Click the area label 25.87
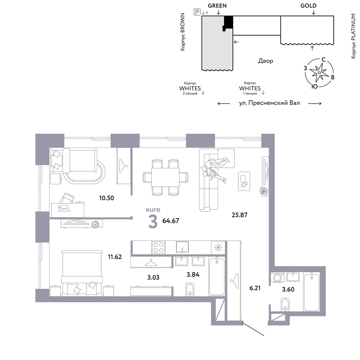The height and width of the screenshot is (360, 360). pos(239,215)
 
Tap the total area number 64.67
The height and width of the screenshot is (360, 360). pos(171,221)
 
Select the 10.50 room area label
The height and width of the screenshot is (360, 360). pos(107,198)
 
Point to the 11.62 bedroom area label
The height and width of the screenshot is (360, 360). pos(115,257)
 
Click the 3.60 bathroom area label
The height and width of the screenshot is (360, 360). pos(288,289)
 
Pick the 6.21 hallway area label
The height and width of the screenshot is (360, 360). pos(255,288)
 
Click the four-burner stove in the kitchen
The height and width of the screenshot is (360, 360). pos(158,248)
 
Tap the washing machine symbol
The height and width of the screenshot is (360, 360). pos(278,277)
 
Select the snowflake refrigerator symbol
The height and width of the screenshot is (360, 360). pos(217,248)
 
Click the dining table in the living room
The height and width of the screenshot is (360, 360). pos(165,177)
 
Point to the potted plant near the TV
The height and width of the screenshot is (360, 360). pos(264,191)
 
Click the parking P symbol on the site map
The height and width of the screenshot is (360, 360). pos(197,12)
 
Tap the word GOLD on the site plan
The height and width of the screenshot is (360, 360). pos(309,6)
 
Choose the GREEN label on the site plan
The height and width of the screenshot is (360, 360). pos(217,6)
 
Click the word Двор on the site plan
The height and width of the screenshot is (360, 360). pos(266,61)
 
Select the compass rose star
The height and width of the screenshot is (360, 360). pos(319,73)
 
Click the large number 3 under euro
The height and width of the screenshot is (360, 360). pos(153,222)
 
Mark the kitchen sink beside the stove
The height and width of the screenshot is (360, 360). pos(182,247)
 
